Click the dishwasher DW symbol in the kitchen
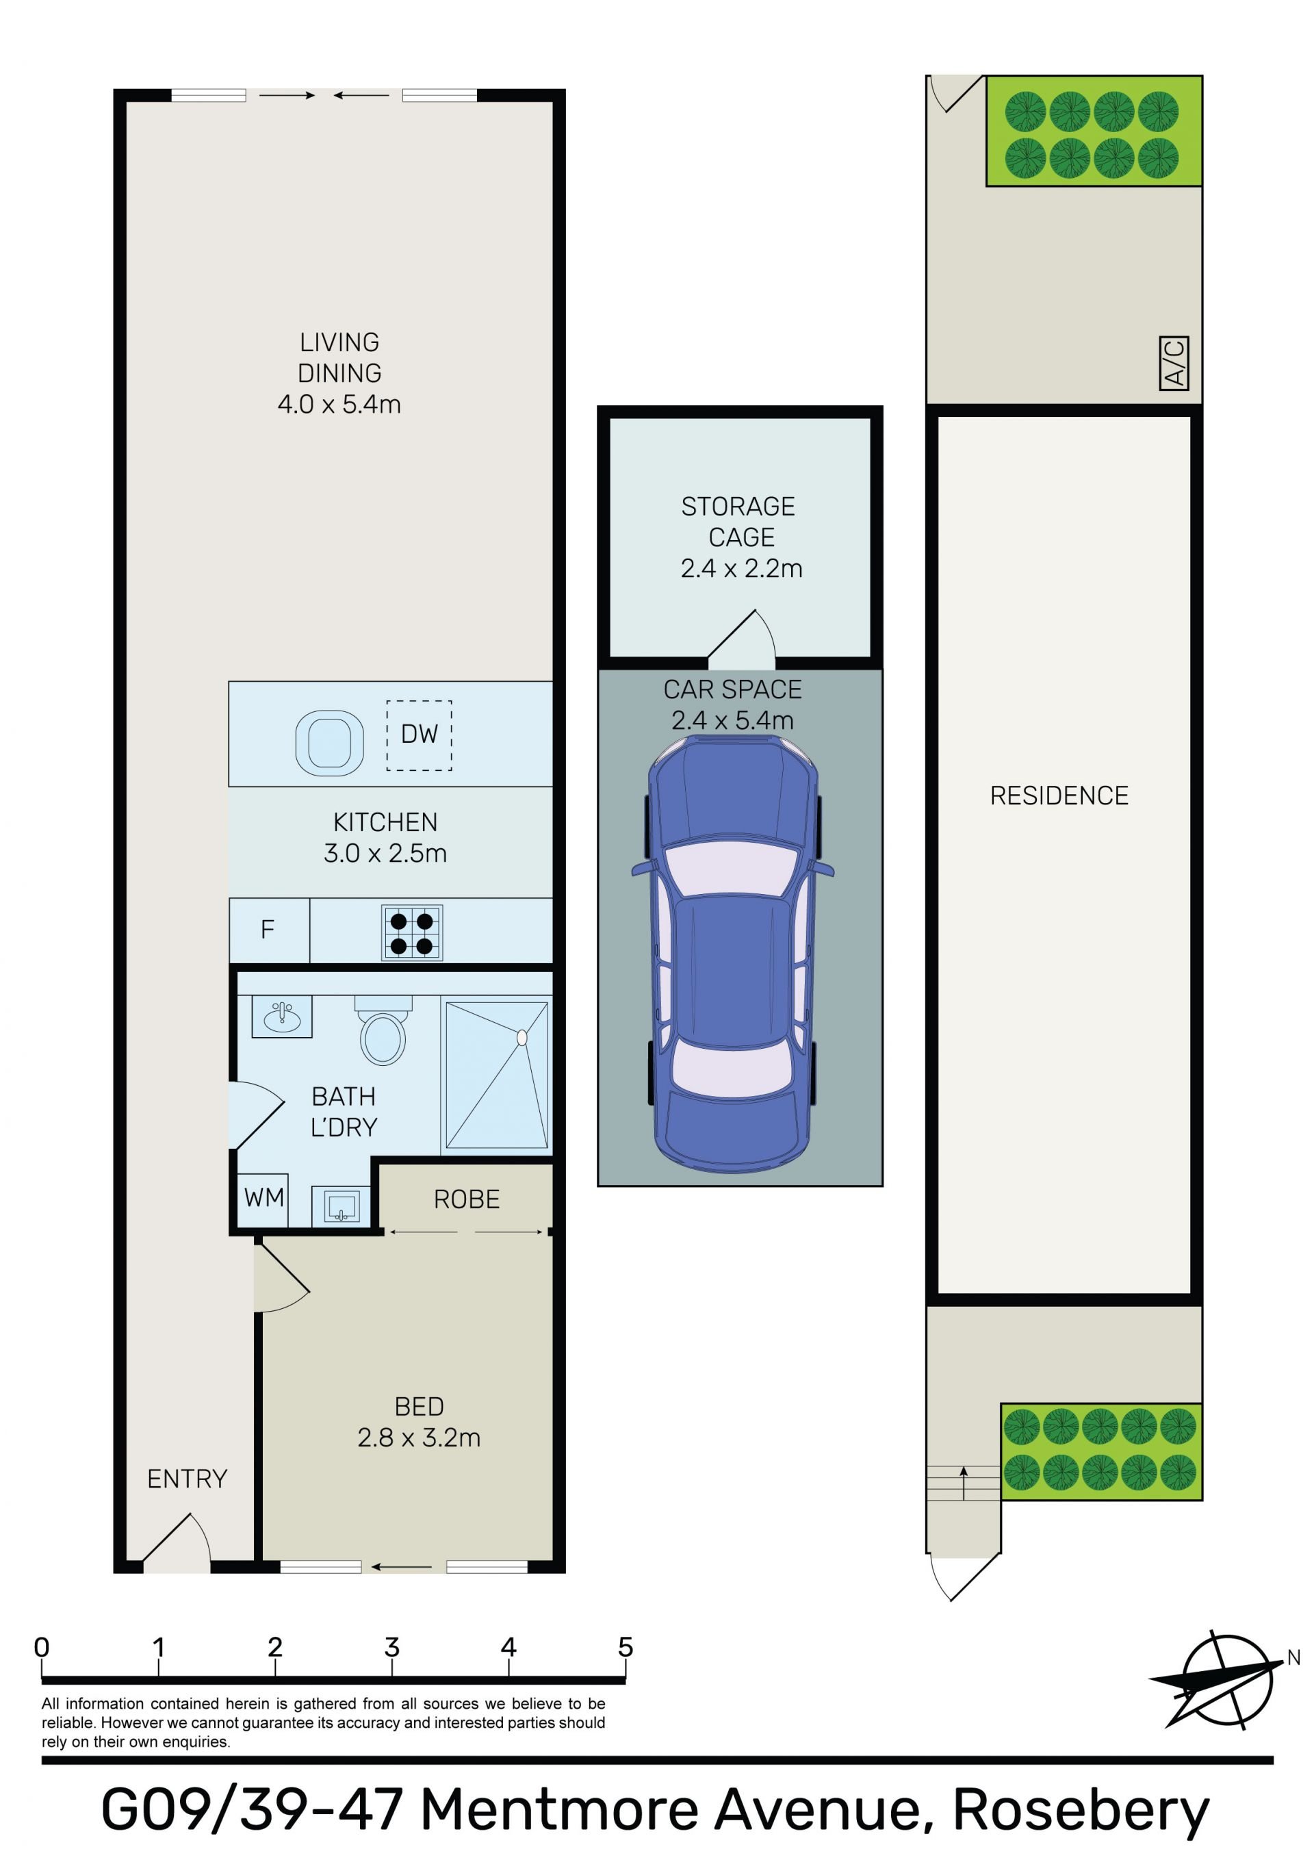click(419, 735)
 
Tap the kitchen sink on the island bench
click(329, 742)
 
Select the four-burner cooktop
click(411, 932)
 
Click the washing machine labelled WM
click(264, 1197)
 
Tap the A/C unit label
click(1174, 363)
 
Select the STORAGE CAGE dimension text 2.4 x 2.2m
click(741, 569)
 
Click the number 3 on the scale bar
click(392, 1647)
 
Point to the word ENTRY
click(187, 1479)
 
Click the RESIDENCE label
click(1059, 795)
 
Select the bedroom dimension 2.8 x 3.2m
click(419, 1438)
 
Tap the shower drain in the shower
click(521, 1037)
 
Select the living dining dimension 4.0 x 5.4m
click(339, 404)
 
